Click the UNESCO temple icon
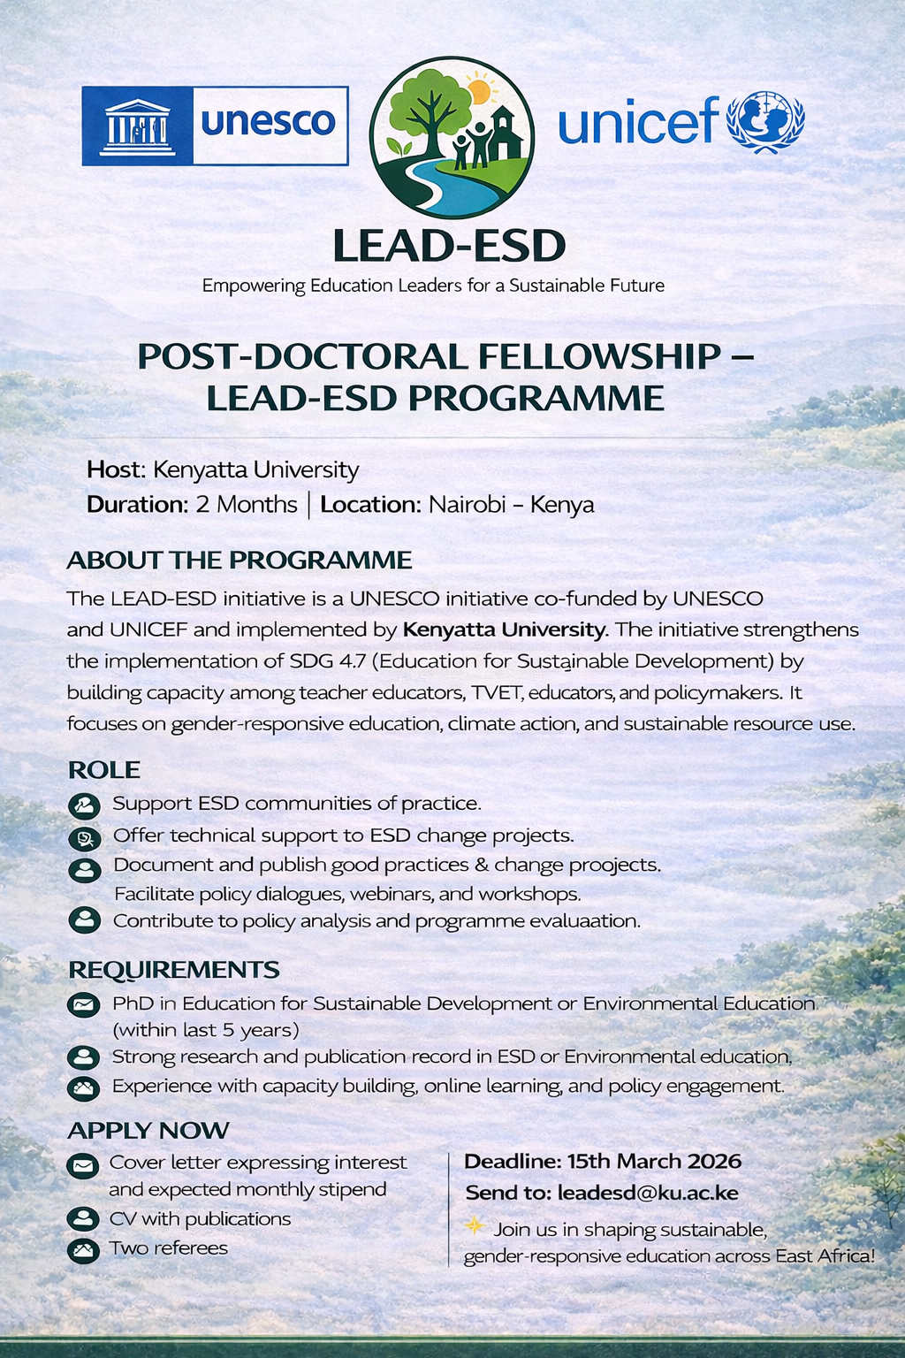136,126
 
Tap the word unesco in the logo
269,122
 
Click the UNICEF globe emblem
765,121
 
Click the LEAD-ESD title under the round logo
449,246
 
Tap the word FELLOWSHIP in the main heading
599,356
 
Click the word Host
114,469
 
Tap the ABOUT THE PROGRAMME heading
240,561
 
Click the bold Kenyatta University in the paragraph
504,630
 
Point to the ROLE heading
104,770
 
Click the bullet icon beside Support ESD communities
84,805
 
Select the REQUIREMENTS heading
174,970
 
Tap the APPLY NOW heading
148,1131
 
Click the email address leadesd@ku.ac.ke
648,1193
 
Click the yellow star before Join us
475,1225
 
